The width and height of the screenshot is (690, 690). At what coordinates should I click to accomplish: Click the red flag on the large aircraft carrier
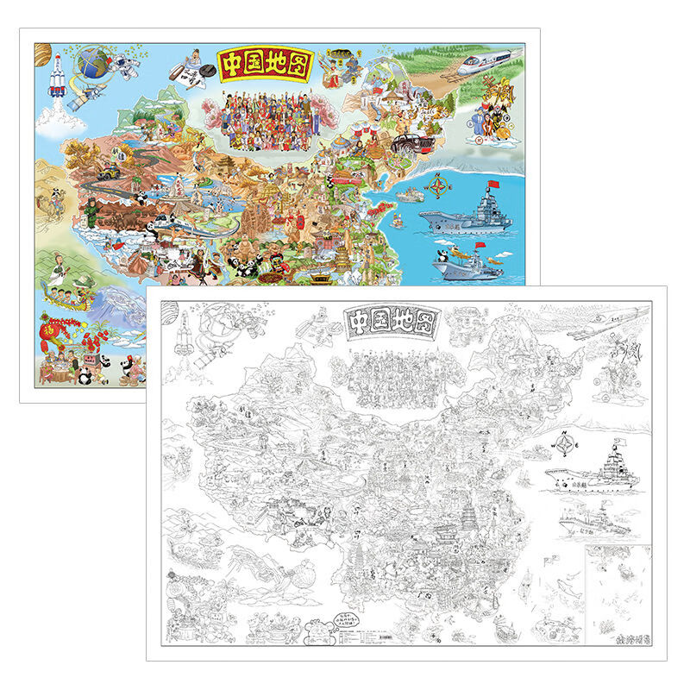pos(494,185)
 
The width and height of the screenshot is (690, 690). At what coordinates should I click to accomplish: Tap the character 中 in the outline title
pos(358,322)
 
